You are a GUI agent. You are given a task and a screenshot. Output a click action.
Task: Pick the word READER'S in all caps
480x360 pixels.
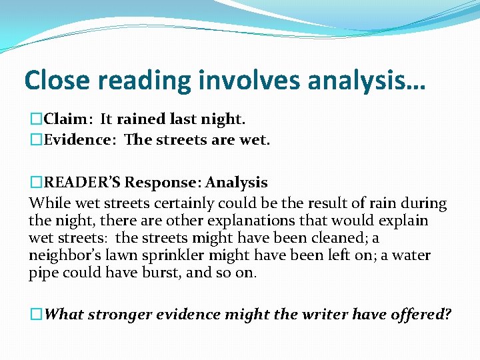tap(82, 183)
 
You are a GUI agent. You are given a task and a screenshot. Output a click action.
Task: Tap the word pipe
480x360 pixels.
tap(43, 273)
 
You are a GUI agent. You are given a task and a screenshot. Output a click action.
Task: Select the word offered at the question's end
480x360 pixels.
tap(421, 313)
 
